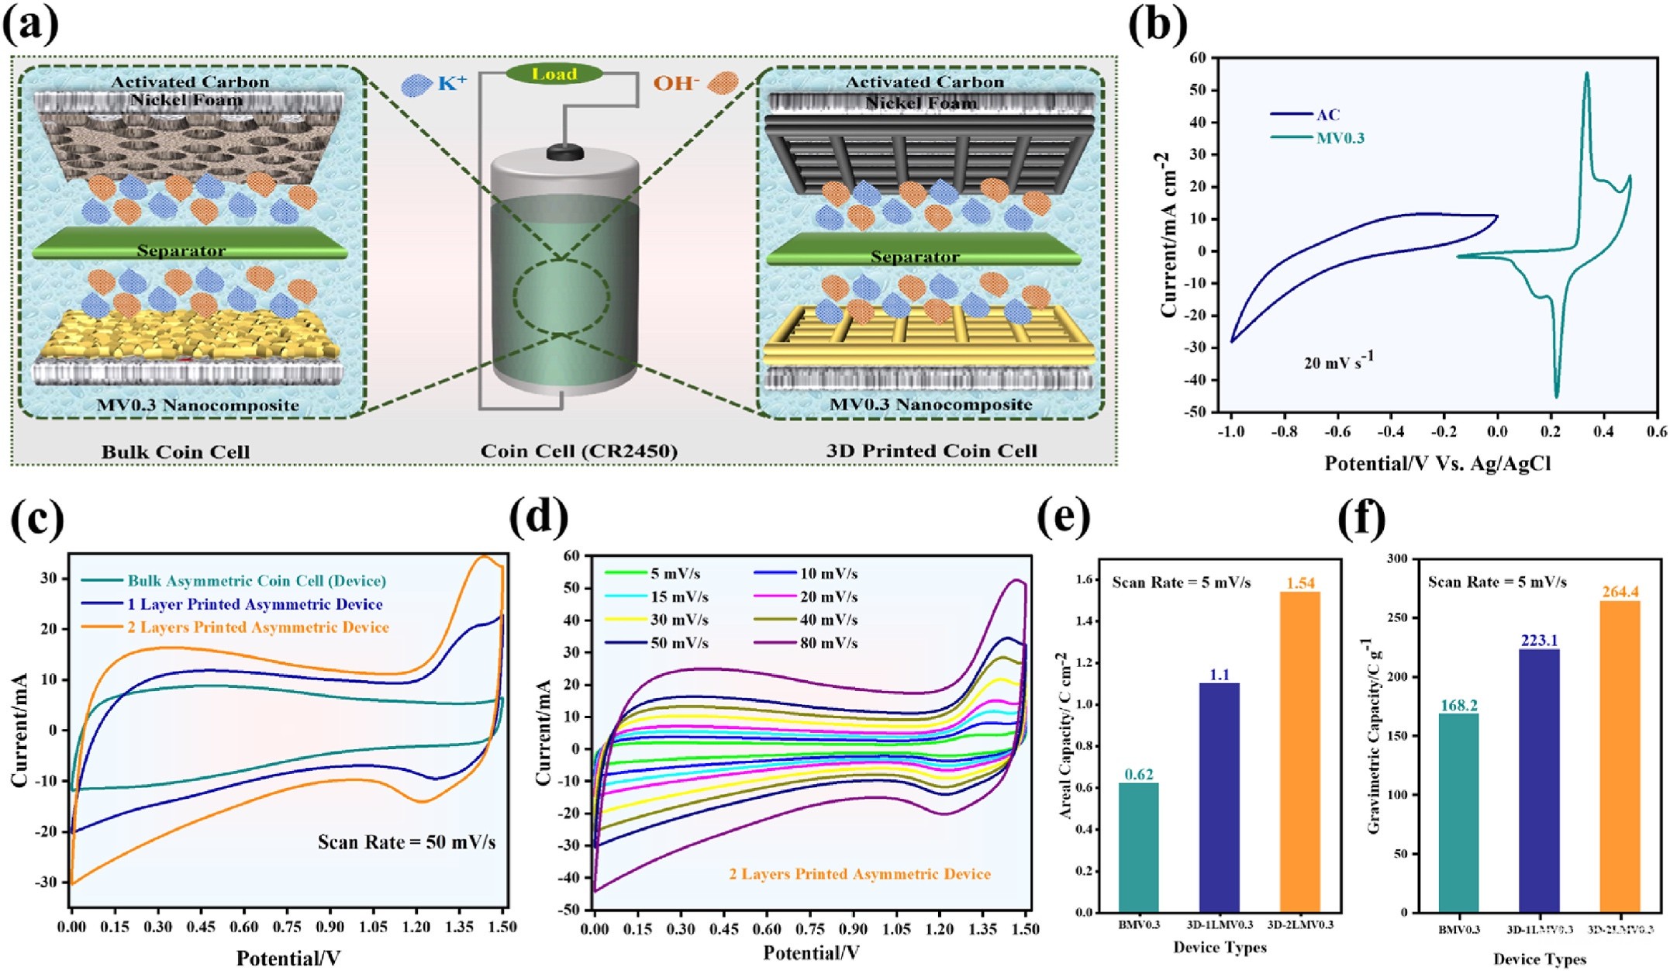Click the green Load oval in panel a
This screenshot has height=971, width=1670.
pos(554,74)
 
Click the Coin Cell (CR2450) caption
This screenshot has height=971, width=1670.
pos(578,451)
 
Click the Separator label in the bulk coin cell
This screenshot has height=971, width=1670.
pos(181,251)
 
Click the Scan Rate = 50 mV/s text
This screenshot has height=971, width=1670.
pos(406,842)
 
